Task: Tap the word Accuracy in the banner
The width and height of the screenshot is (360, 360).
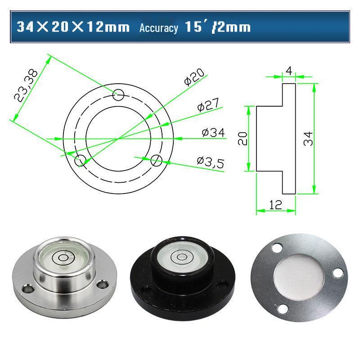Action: click(x=158, y=28)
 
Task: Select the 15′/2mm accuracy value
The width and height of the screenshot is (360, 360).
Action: click(x=217, y=27)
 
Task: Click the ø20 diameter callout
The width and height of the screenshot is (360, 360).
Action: click(x=194, y=77)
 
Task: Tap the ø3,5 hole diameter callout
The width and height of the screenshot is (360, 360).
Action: click(x=210, y=162)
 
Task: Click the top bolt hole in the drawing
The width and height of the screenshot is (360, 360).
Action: click(x=118, y=95)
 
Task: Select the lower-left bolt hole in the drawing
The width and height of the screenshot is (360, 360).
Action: click(x=81, y=160)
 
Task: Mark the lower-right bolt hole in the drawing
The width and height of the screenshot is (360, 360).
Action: click(x=156, y=160)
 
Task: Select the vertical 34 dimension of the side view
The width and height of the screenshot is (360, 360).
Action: click(x=308, y=139)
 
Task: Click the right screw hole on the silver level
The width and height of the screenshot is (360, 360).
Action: click(x=104, y=283)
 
